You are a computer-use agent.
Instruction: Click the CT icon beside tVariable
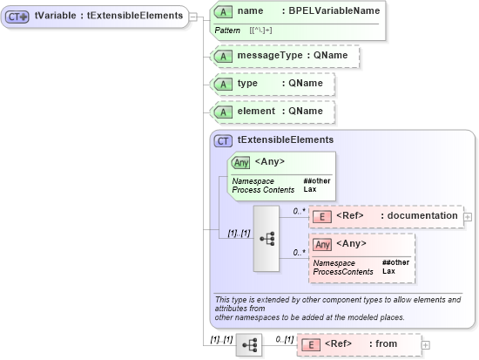tap(18, 16)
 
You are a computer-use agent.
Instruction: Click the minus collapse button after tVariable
tap(193, 16)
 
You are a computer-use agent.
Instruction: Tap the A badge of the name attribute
tap(223, 11)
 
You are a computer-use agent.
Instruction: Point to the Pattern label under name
tap(229, 31)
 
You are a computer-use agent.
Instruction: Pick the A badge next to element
tap(223, 112)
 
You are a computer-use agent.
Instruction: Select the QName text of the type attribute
tap(306, 83)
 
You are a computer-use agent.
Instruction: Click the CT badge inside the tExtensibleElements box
tap(223, 139)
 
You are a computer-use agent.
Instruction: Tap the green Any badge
tap(241, 161)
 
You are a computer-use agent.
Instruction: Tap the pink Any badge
tap(322, 244)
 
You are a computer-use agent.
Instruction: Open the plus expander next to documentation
tap(468, 216)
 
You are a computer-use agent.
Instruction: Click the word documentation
tap(423, 215)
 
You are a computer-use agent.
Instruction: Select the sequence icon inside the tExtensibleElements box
tap(266, 238)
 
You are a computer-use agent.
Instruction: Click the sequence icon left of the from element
tap(248, 345)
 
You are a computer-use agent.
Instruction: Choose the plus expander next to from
tap(426, 345)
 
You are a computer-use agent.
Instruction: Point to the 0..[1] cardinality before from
tap(283, 338)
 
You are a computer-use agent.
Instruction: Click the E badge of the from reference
tap(310, 344)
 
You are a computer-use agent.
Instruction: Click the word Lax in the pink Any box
tap(388, 272)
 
